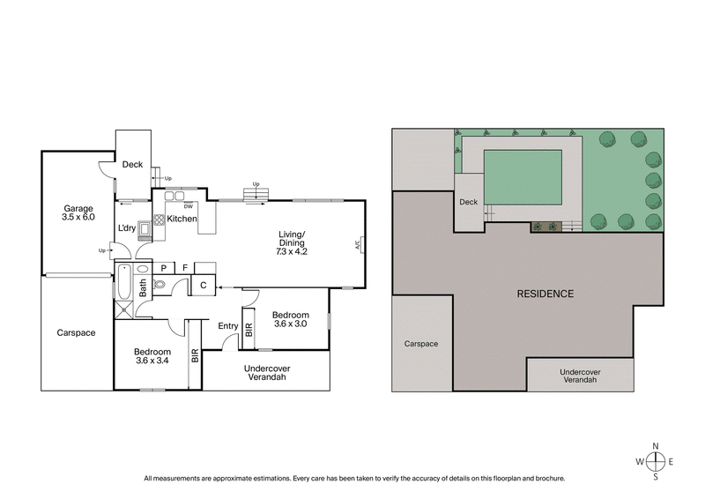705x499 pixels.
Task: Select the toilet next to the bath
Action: [159, 284]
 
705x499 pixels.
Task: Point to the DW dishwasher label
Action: [188, 206]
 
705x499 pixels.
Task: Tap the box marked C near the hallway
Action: [202, 285]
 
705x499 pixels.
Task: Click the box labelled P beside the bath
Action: [163, 267]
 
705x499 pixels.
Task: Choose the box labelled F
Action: [184, 267]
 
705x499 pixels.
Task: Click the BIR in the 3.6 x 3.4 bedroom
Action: [195, 357]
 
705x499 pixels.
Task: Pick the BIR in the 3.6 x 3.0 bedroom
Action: [249, 330]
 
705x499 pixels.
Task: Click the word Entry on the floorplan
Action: [227, 326]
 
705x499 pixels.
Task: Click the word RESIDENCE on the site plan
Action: [545, 294]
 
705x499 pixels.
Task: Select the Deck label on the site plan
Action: [468, 202]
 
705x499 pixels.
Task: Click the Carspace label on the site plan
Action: [421, 344]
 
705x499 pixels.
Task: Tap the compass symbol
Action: [656, 461]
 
